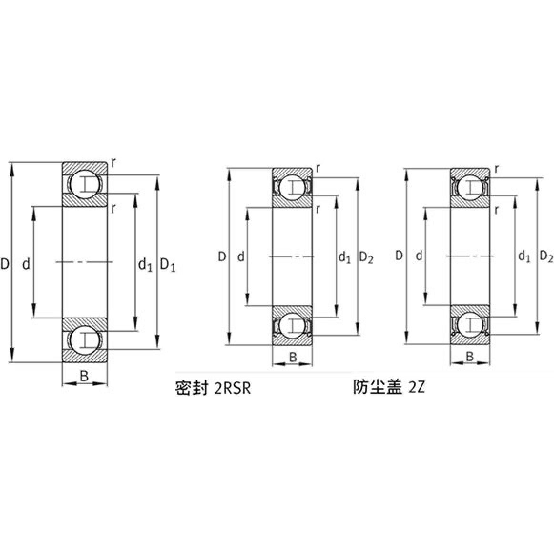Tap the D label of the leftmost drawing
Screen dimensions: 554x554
pyautogui.click(x=5, y=264)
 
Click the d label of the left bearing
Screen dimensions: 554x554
pyautogui.click(x=26, y=263)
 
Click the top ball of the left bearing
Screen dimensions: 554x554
pyautogui.click(x=85, y=184)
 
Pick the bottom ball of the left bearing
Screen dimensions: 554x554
pyautogui.click(x=85, y=340)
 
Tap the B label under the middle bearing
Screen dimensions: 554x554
pyautogui.click(x=292, y=357)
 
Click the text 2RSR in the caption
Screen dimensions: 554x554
pyautogui.click(x=233, y=388)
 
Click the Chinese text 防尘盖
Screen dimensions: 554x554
pyautogui.click(x=378, y=388)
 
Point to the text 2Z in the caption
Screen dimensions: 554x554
pyautogui.click(x=416, y=388)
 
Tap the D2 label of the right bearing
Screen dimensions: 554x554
pyautogui.click(x=546, y=256)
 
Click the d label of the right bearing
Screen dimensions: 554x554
pyautogui.click(x=419, y=256)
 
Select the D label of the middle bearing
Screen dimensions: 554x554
pyautogui.click(x=222, y=256)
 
